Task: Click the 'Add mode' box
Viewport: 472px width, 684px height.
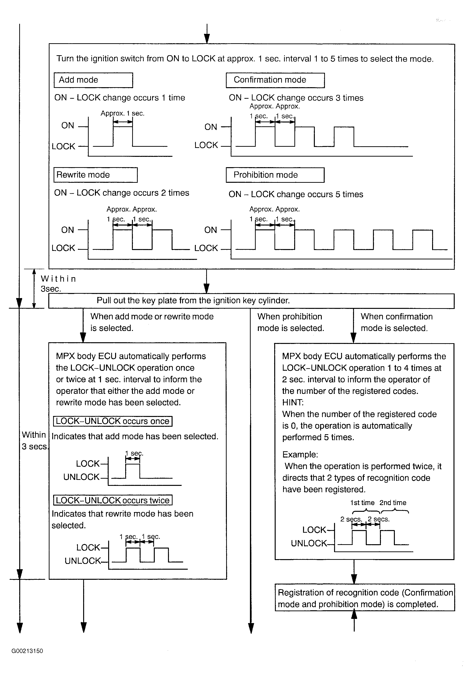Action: (93, 80)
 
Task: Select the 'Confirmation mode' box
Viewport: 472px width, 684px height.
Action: (275, 80)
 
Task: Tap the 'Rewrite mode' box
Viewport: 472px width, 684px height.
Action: (95, 175)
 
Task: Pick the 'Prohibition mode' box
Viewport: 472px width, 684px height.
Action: (275, 175)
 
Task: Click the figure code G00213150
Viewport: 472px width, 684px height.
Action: (27, 651)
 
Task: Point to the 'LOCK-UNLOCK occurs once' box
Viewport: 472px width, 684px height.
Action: (113, 421)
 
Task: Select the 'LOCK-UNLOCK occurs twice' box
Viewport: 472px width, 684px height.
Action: (113, 500)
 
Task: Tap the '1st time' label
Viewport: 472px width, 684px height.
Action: (362, 503)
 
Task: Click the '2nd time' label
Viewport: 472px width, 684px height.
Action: (393, 503)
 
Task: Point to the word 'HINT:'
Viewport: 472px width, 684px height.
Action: (293, 403)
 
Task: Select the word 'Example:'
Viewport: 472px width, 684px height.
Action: (300, 454)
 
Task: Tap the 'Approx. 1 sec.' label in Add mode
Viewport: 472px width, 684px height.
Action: (122, 113)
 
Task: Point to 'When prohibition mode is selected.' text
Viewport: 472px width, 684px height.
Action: (290, 322)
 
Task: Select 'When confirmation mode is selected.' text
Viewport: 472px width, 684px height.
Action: (396, 322)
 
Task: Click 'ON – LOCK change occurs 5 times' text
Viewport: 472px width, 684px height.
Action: (296, 194)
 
